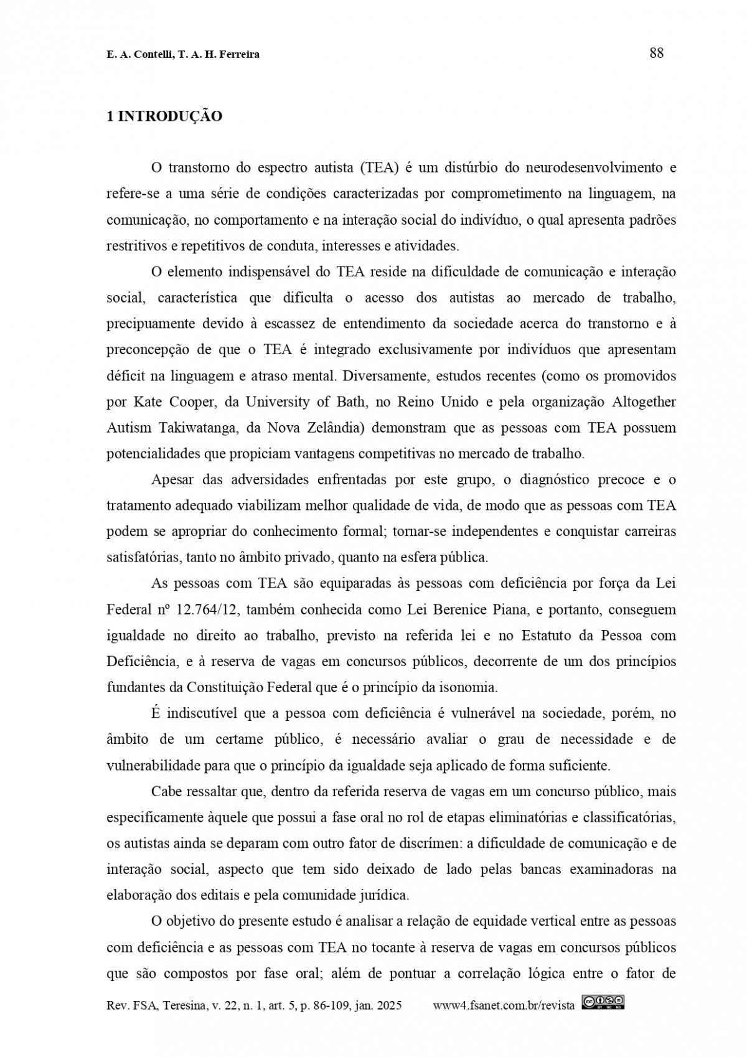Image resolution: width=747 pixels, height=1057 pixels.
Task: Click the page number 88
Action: click(656, 53)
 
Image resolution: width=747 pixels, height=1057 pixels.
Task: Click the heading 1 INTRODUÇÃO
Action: click(164, 116)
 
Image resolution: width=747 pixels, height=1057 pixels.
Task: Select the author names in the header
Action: click(183, 55)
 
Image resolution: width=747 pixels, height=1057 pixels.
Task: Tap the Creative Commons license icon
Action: click(603, 1002)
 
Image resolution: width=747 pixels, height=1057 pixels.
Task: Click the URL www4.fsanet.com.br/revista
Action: click(503, 1005)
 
